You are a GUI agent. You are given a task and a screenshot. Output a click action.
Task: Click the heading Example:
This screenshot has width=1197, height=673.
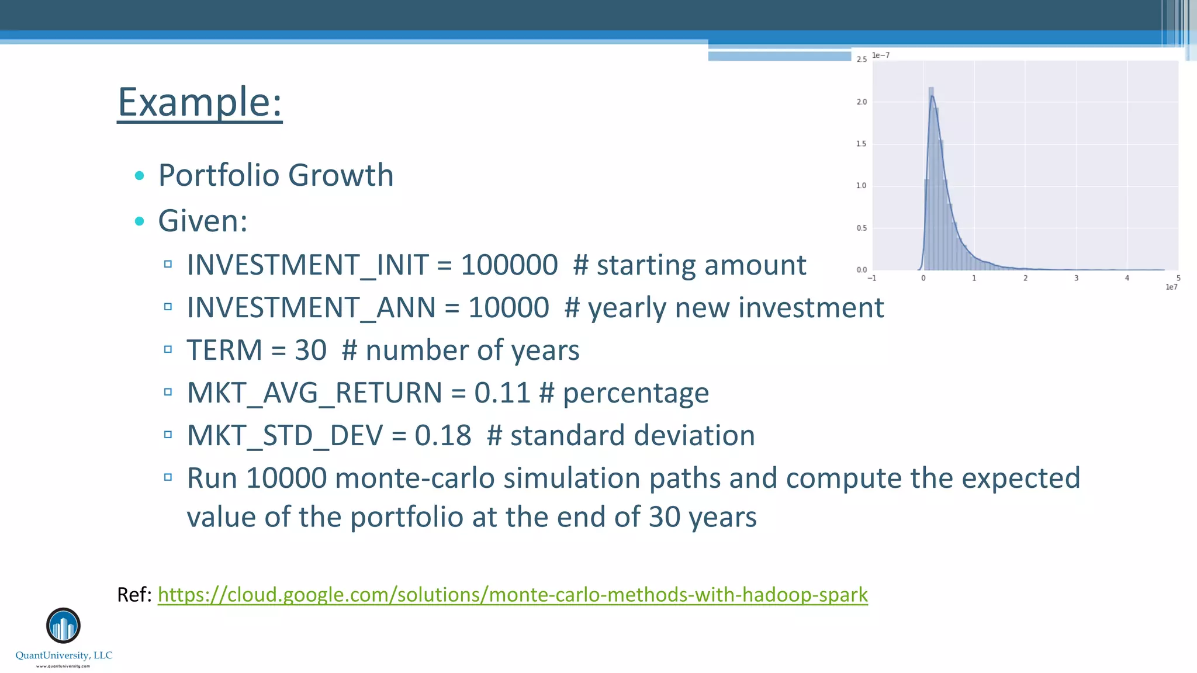click(x=200, y=102)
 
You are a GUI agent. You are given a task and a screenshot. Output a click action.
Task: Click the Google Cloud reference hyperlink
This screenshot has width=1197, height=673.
click(x=513, y=595)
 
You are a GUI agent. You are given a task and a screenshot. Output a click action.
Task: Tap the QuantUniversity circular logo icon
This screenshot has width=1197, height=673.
click(x=63, y=626)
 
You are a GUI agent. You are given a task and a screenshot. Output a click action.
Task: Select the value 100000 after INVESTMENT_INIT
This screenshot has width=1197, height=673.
click(x=509, y=265)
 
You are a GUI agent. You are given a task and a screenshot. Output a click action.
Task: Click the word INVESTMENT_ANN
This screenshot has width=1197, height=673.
click(x=311, y=308)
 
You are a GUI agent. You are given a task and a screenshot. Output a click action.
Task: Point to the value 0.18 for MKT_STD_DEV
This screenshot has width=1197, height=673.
click(x=443, y=436)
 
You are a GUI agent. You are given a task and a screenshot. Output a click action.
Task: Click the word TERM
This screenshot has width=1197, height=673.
click(x=224, y=351)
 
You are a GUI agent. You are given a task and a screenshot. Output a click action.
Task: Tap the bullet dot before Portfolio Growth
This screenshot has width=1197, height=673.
click(x=139, y=175)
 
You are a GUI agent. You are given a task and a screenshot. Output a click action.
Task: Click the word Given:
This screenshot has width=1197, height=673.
click(x=203, y=221)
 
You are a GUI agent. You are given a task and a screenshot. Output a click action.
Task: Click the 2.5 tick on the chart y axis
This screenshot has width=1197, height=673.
click(x=862, y=60)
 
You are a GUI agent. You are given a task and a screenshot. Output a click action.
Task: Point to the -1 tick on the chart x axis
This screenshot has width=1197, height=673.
click(x=871, y=279)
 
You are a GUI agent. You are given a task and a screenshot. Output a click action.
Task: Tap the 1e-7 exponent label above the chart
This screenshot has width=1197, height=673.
click(x=881, y=55)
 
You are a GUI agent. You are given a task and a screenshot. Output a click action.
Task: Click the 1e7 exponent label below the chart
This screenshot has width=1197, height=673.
click(x=1171, y=287)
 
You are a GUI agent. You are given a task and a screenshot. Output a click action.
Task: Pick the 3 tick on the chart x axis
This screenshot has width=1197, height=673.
click(x=1076, y=279)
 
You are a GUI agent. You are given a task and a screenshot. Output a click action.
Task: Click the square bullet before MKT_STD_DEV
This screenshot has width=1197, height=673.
click(x=168, y=435)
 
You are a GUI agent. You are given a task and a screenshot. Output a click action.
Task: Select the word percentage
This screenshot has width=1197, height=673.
click(x=635, y=393)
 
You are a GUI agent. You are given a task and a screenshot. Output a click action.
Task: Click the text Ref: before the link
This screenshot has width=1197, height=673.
click(x=134, y=595)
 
